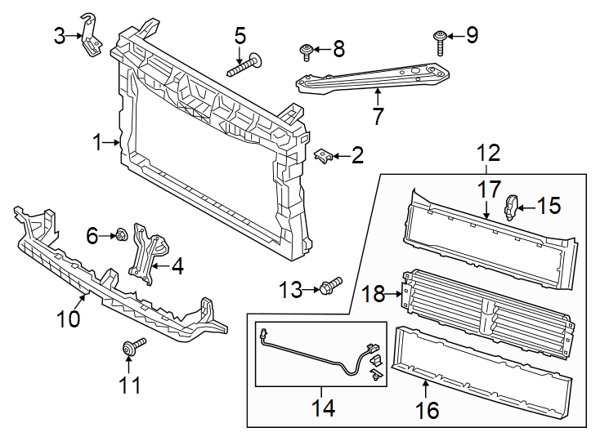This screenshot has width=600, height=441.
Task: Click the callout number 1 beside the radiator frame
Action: click(x=97, y=144)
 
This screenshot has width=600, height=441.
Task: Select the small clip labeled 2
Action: click(x=325, y=155)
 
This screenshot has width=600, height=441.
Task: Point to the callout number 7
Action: click(x=378, y=116)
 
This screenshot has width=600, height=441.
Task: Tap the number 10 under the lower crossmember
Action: click(x=69, y=318)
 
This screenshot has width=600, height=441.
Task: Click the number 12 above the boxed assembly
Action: click(x=488, y=153)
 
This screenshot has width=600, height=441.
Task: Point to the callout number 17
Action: click(x=488, y=189)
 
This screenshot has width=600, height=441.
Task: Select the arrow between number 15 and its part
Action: click(x=528, y=207)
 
